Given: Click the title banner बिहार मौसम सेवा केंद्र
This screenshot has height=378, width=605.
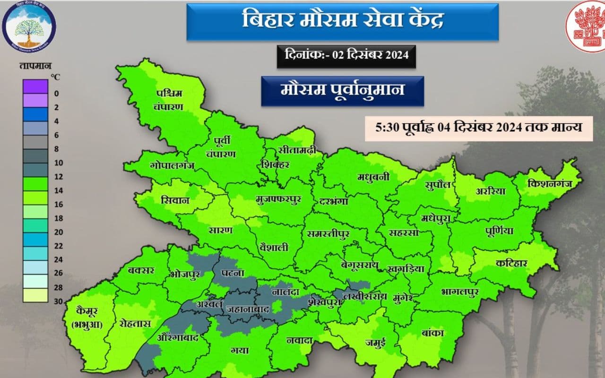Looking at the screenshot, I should pyautogui.click(x=342, y=22).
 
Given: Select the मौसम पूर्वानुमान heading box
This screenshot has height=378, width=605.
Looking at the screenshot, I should pyautogui.click(x=342, y=90).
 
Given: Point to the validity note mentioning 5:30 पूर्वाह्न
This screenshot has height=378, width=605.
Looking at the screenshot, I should pyautogui.click(x=478, y=128).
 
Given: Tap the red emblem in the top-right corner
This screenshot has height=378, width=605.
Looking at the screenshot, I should pyautogui.click(x=586, y=26).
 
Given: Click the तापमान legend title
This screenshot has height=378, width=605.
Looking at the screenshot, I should pyautogui.click(x=35, y=65).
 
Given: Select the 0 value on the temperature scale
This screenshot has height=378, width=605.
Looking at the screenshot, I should pyautogui.click(x=56, y=93).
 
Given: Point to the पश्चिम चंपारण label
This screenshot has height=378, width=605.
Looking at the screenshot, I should pyautogui.click(x=169, y=100).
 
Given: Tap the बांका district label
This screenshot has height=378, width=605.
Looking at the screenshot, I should pyautogui.click(x=432, y=333).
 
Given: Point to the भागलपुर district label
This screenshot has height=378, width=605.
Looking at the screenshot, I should pyautogui.click(x=459, y=292).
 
